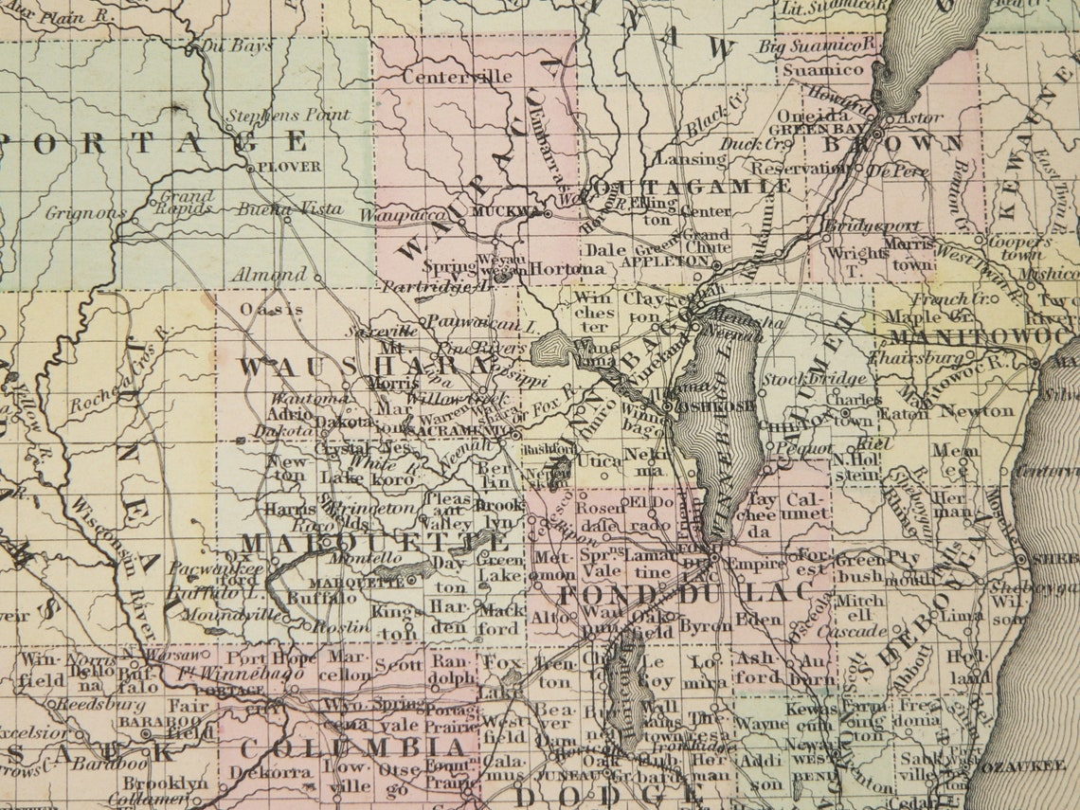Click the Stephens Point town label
[287, 116]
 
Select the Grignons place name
[84, 213]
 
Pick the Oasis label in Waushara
[271, 309]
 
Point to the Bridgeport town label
[859, 226]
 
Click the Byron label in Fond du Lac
[706, 625]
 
